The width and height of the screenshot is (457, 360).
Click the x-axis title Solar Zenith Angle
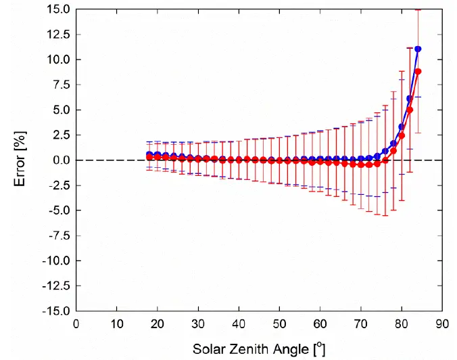pyautogui.click(x=259, y=349)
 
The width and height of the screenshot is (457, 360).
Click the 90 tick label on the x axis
pyautogui.click(x=442, y=323)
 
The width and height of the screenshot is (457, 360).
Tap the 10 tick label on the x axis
pyautogui.click(x=117, y=323)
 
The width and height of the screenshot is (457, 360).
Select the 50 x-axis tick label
pyautogui.click(x=280, y=323)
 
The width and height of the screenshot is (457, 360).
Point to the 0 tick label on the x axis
pyautogui.click(x=76, y=323)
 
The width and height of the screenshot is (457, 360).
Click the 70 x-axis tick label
pyautogui.click(x=361, y=323)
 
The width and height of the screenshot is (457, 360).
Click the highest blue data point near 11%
pyautogui.click(x=418, y=49)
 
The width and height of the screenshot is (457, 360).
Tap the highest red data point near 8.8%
pyautogui.click(x=418, y=71)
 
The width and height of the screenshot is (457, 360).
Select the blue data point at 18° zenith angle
pyautogui.click(x=149, y=154)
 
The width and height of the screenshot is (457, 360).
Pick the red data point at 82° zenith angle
pyautogui.click(x=410, y=110)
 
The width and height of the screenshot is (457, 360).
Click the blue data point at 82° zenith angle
pyautogui.click(x=410, y=98)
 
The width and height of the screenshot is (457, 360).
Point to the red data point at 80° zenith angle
pyautogui.click(x=402, y=135)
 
